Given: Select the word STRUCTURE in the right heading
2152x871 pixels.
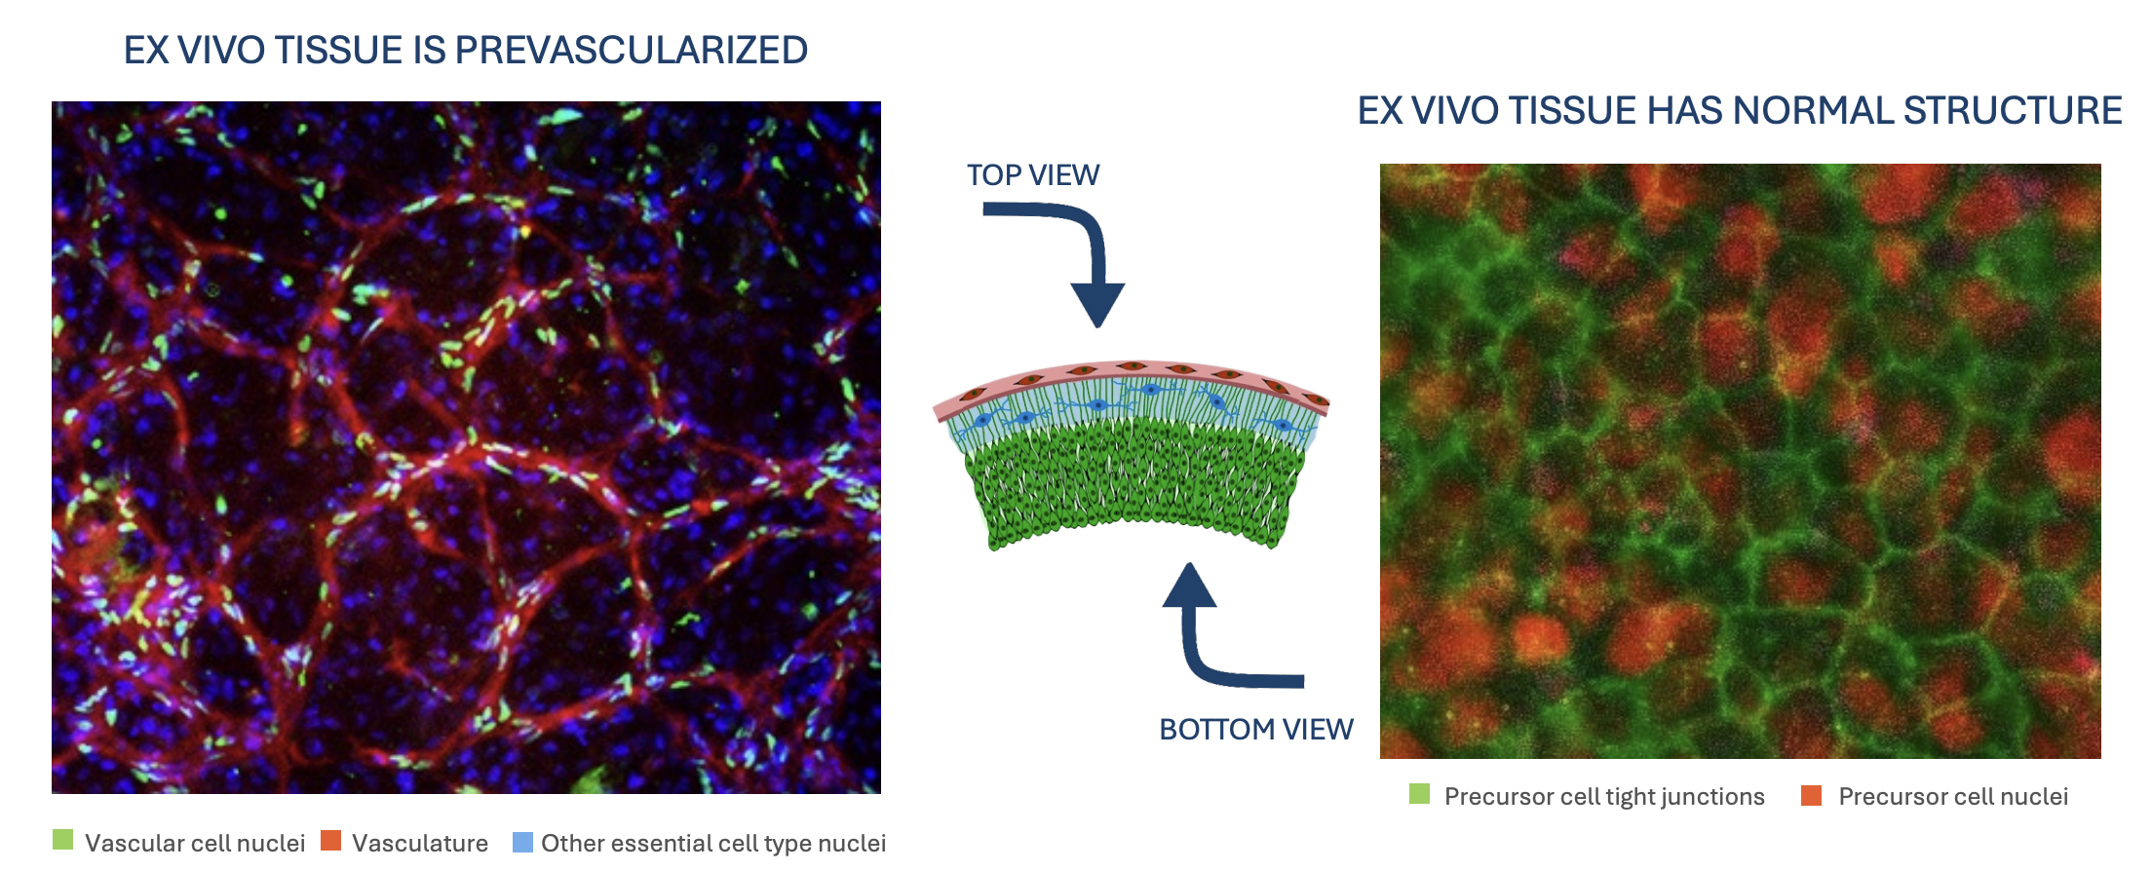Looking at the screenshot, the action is click(2013, 111).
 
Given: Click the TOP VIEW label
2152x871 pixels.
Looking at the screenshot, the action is click(1033, 175).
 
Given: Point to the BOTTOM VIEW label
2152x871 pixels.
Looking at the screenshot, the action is click(1256, 730).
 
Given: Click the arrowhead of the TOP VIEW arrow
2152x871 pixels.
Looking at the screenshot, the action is click(1097, 305).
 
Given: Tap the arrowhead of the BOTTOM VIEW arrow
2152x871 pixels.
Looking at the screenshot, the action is click(1189, 585).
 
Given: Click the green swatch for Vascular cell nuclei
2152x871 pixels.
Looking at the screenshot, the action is click(62, 840).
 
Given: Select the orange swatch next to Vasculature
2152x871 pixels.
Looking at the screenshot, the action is click(331, 840).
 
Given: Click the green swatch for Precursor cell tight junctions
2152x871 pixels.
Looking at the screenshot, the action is click(1420, 794).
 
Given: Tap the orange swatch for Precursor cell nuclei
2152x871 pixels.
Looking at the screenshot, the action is click(1812, 795).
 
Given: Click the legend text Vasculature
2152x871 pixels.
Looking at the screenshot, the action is click(420, 843).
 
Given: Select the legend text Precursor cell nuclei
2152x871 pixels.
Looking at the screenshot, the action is click(1953, 797).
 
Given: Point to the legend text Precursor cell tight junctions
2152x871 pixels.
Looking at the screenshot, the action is click(1604, 797).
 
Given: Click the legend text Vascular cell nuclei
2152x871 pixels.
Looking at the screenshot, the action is click(195, 843).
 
